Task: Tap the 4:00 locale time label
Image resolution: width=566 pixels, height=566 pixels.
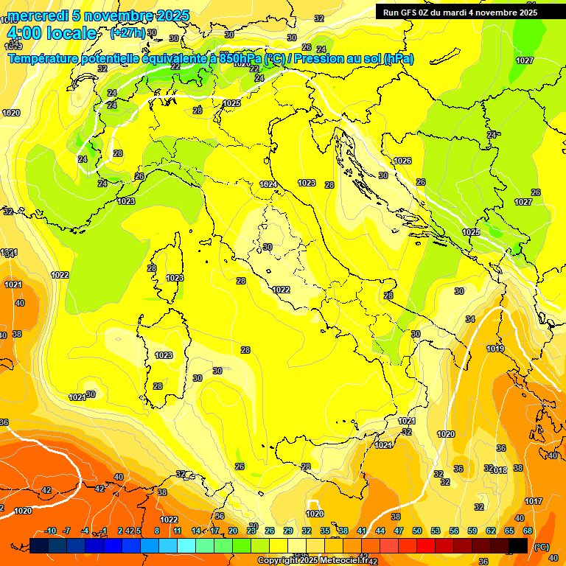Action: (52, 33)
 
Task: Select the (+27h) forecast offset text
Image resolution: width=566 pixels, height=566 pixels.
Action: (127, 33)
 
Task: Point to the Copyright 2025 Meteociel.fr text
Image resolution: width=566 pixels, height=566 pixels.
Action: (314, 560)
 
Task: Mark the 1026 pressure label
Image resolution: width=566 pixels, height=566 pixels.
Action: (402, 161)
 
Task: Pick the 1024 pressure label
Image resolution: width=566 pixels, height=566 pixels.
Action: (268, 184)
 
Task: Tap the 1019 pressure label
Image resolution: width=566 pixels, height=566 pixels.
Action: (495, 349)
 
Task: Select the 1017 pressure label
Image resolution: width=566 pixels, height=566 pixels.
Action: (534, 501)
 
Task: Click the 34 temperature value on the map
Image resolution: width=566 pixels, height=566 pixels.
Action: (470, 319)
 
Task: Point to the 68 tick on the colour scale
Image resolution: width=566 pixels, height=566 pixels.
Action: (528, 531)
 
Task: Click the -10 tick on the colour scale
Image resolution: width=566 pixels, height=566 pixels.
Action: (50, 531)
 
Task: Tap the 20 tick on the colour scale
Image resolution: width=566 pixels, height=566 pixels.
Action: (233, 531)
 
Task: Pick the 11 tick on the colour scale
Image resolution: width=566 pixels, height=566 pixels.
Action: (178, 531)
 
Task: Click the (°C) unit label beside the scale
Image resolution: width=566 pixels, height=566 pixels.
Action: (541, 547)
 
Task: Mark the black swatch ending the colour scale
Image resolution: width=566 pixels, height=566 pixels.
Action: (518, 545)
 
